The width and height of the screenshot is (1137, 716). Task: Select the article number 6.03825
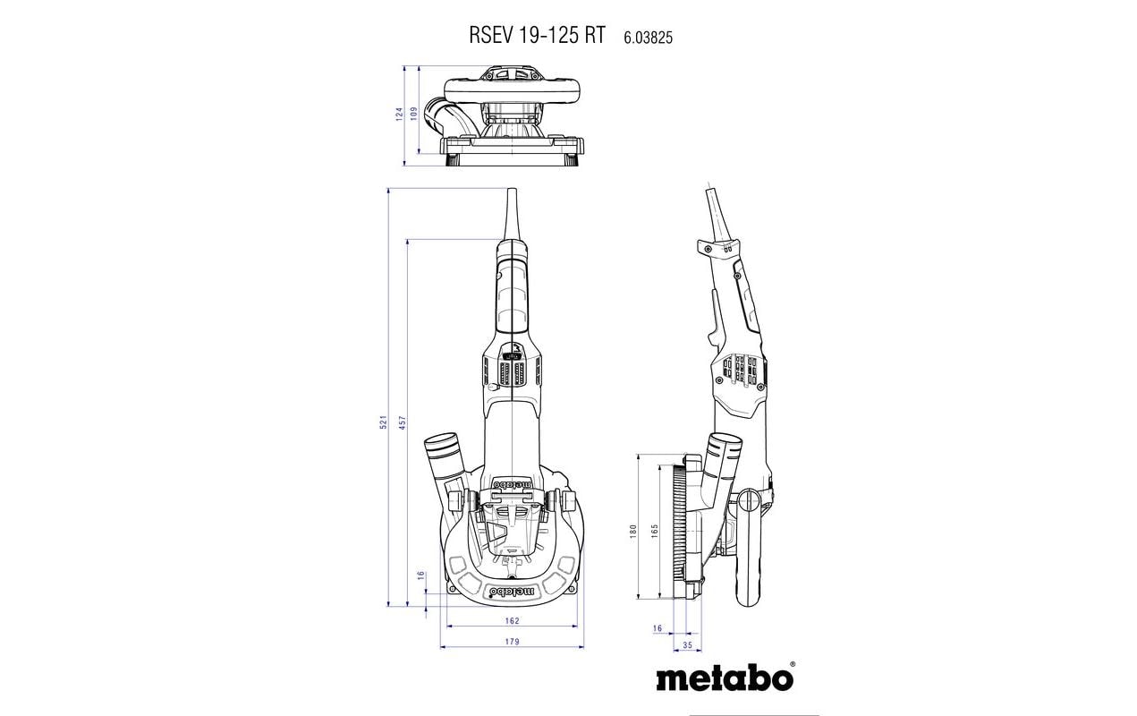pos(643,37)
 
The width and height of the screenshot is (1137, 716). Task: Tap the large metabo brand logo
pos(724,677)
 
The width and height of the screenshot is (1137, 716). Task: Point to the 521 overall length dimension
pos(382,422)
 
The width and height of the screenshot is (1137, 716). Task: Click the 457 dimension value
pos(402,422)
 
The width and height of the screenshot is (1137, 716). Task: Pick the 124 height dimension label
pos(400,115)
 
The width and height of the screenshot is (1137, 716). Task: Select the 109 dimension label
pos(414,115)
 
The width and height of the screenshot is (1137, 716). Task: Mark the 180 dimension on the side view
pos(632,532)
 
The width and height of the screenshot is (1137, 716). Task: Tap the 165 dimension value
pos(655,532)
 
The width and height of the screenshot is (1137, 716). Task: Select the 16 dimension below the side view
pos(658,628)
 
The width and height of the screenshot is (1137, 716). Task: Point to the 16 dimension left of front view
pos(421,575)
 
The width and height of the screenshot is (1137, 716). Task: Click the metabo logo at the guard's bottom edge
pos(511,592)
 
